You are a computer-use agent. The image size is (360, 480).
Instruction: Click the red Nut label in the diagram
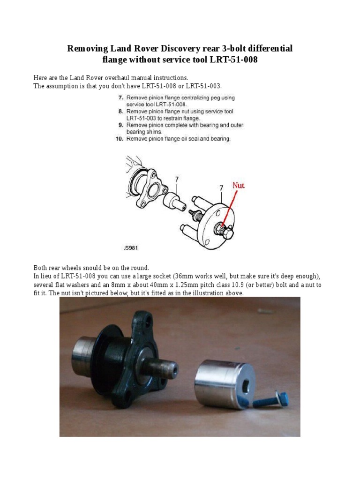239,186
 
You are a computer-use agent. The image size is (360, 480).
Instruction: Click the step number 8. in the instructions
120,112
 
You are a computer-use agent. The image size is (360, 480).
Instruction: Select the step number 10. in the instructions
119,139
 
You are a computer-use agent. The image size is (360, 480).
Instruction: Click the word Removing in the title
87,48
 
